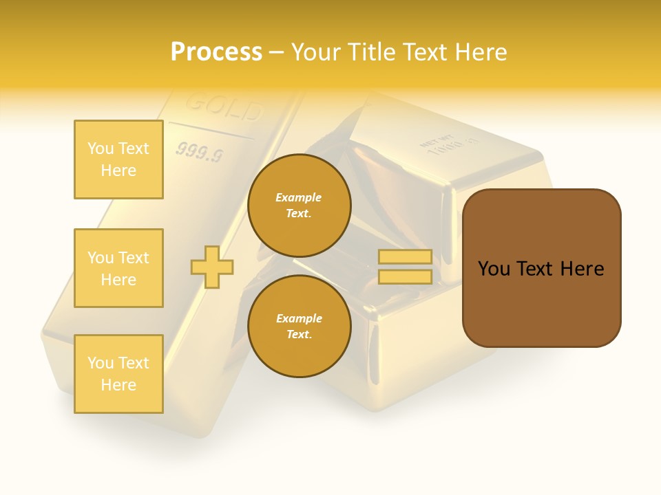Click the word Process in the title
click(x=216, y=52)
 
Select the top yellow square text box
click(x=118, y=159)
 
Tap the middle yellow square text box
click(x=118, y=268)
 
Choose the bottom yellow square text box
click(x=118, y=374)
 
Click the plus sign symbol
click(x=212, y=266)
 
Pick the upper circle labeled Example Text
click(x=300, y=206)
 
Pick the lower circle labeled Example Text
click(x=300, y=327)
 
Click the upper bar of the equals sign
click(x=406, y=257)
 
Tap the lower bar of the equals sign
click(x=406, y=277)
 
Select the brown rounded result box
click(x=542, y=268)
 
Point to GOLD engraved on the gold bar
click(x=224, y=107)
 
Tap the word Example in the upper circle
click(x=299, y=197)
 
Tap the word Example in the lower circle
click(x=299, y=318)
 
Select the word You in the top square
click(x=101, y=148)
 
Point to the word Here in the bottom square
click(x=118, y=385)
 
